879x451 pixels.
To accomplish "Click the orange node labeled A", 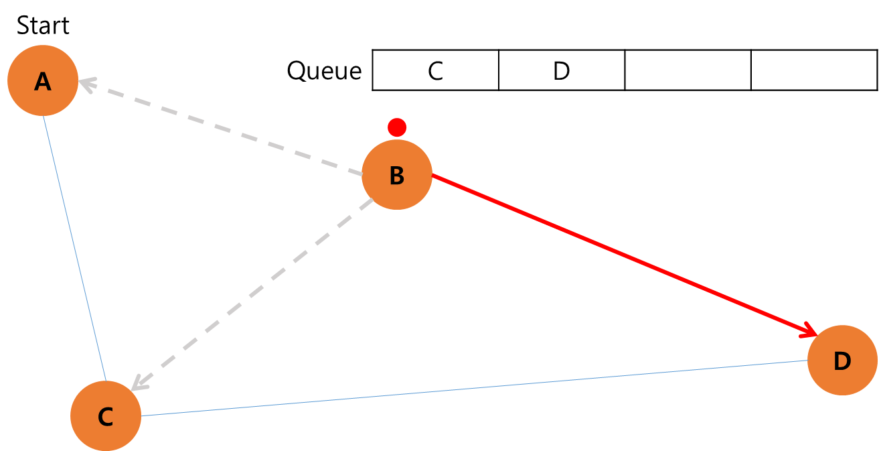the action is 43,80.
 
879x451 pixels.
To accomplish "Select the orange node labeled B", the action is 397,175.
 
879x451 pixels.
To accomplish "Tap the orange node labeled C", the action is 106,416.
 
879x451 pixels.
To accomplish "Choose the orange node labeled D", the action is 842,361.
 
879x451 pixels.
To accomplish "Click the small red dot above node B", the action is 397,127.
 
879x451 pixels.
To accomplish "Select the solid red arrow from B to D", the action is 623,254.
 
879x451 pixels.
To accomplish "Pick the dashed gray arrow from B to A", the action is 221,128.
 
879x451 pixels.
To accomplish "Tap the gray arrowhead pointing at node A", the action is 83,84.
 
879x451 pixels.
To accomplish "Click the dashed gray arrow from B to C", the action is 251,294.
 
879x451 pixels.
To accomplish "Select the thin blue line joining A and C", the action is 75,249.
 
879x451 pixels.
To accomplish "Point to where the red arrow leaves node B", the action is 432,175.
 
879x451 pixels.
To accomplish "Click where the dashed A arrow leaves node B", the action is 363,175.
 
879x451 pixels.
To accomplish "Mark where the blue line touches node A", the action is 44,116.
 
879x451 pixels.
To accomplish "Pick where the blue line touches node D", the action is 807,361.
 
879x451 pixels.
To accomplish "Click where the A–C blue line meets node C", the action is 106,381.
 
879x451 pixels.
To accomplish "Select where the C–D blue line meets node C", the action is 141,415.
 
